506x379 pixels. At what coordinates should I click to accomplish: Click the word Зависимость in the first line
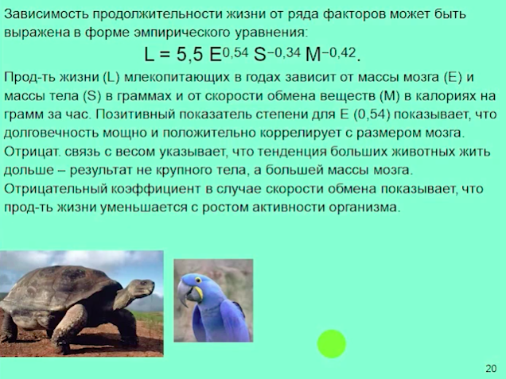[46, 14]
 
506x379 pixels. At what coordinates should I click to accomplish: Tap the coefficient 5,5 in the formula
[189, 54]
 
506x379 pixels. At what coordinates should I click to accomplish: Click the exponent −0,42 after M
[339, 52]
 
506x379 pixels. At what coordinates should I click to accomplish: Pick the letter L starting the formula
[149, 55]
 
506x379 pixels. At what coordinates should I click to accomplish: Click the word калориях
[443, 96]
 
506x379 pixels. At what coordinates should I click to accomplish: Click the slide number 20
[491, 368]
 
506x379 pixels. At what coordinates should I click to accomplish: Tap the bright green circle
[332, 343]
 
